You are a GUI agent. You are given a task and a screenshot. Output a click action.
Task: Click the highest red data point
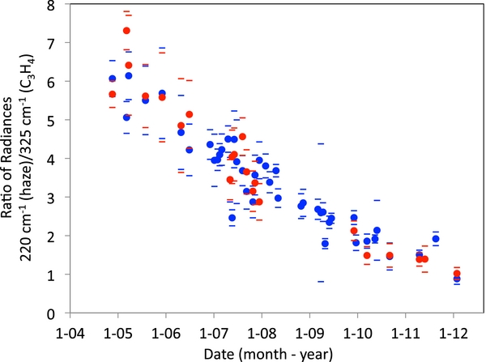126,31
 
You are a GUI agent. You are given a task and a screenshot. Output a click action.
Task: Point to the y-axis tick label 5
52,121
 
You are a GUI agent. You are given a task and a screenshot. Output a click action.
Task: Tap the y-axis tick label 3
52,198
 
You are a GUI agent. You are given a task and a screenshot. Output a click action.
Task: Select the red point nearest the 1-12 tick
457,274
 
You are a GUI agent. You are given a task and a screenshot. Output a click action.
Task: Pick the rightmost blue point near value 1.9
436,239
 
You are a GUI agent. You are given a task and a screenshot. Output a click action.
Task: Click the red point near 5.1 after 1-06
190,115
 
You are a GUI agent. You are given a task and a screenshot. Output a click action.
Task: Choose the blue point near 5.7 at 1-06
162,93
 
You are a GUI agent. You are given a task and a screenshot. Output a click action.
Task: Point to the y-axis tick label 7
52,43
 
